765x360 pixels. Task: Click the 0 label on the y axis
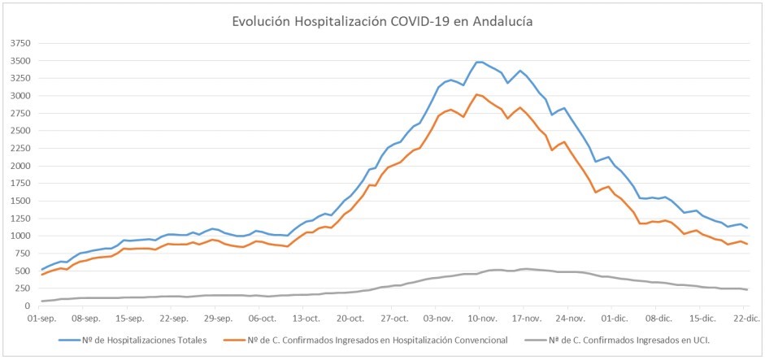point(27,306)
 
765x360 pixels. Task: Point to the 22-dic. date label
point(745,319)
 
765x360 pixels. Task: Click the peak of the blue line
point(480,62)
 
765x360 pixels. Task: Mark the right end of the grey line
point(747,289)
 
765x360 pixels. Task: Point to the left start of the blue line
point(41,270)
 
